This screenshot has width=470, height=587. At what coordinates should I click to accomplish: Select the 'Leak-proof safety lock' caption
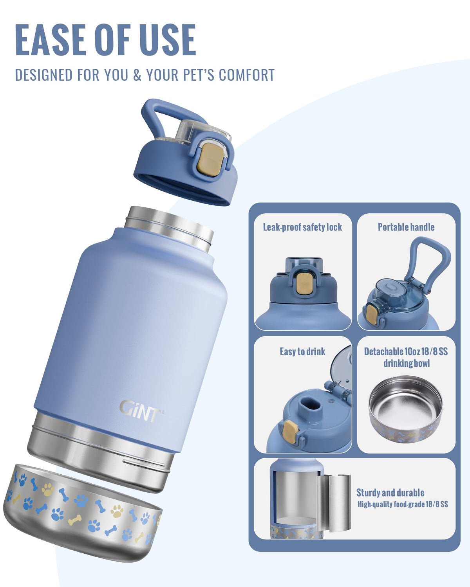tap(302, 227)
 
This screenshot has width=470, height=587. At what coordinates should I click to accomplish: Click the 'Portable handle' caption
tap(406, 227)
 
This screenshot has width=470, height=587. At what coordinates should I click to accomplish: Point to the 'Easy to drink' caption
tap(302, 351)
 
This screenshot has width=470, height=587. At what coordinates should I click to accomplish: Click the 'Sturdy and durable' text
tap(390, 493)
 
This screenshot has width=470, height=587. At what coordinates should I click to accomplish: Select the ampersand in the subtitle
tap(137, 75)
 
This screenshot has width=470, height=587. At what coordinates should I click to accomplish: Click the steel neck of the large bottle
tap(169, 228)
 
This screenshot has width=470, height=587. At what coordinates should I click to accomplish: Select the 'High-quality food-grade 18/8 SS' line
tap(403, 504)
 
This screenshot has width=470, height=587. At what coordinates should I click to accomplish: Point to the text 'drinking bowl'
tap(407, 363)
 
